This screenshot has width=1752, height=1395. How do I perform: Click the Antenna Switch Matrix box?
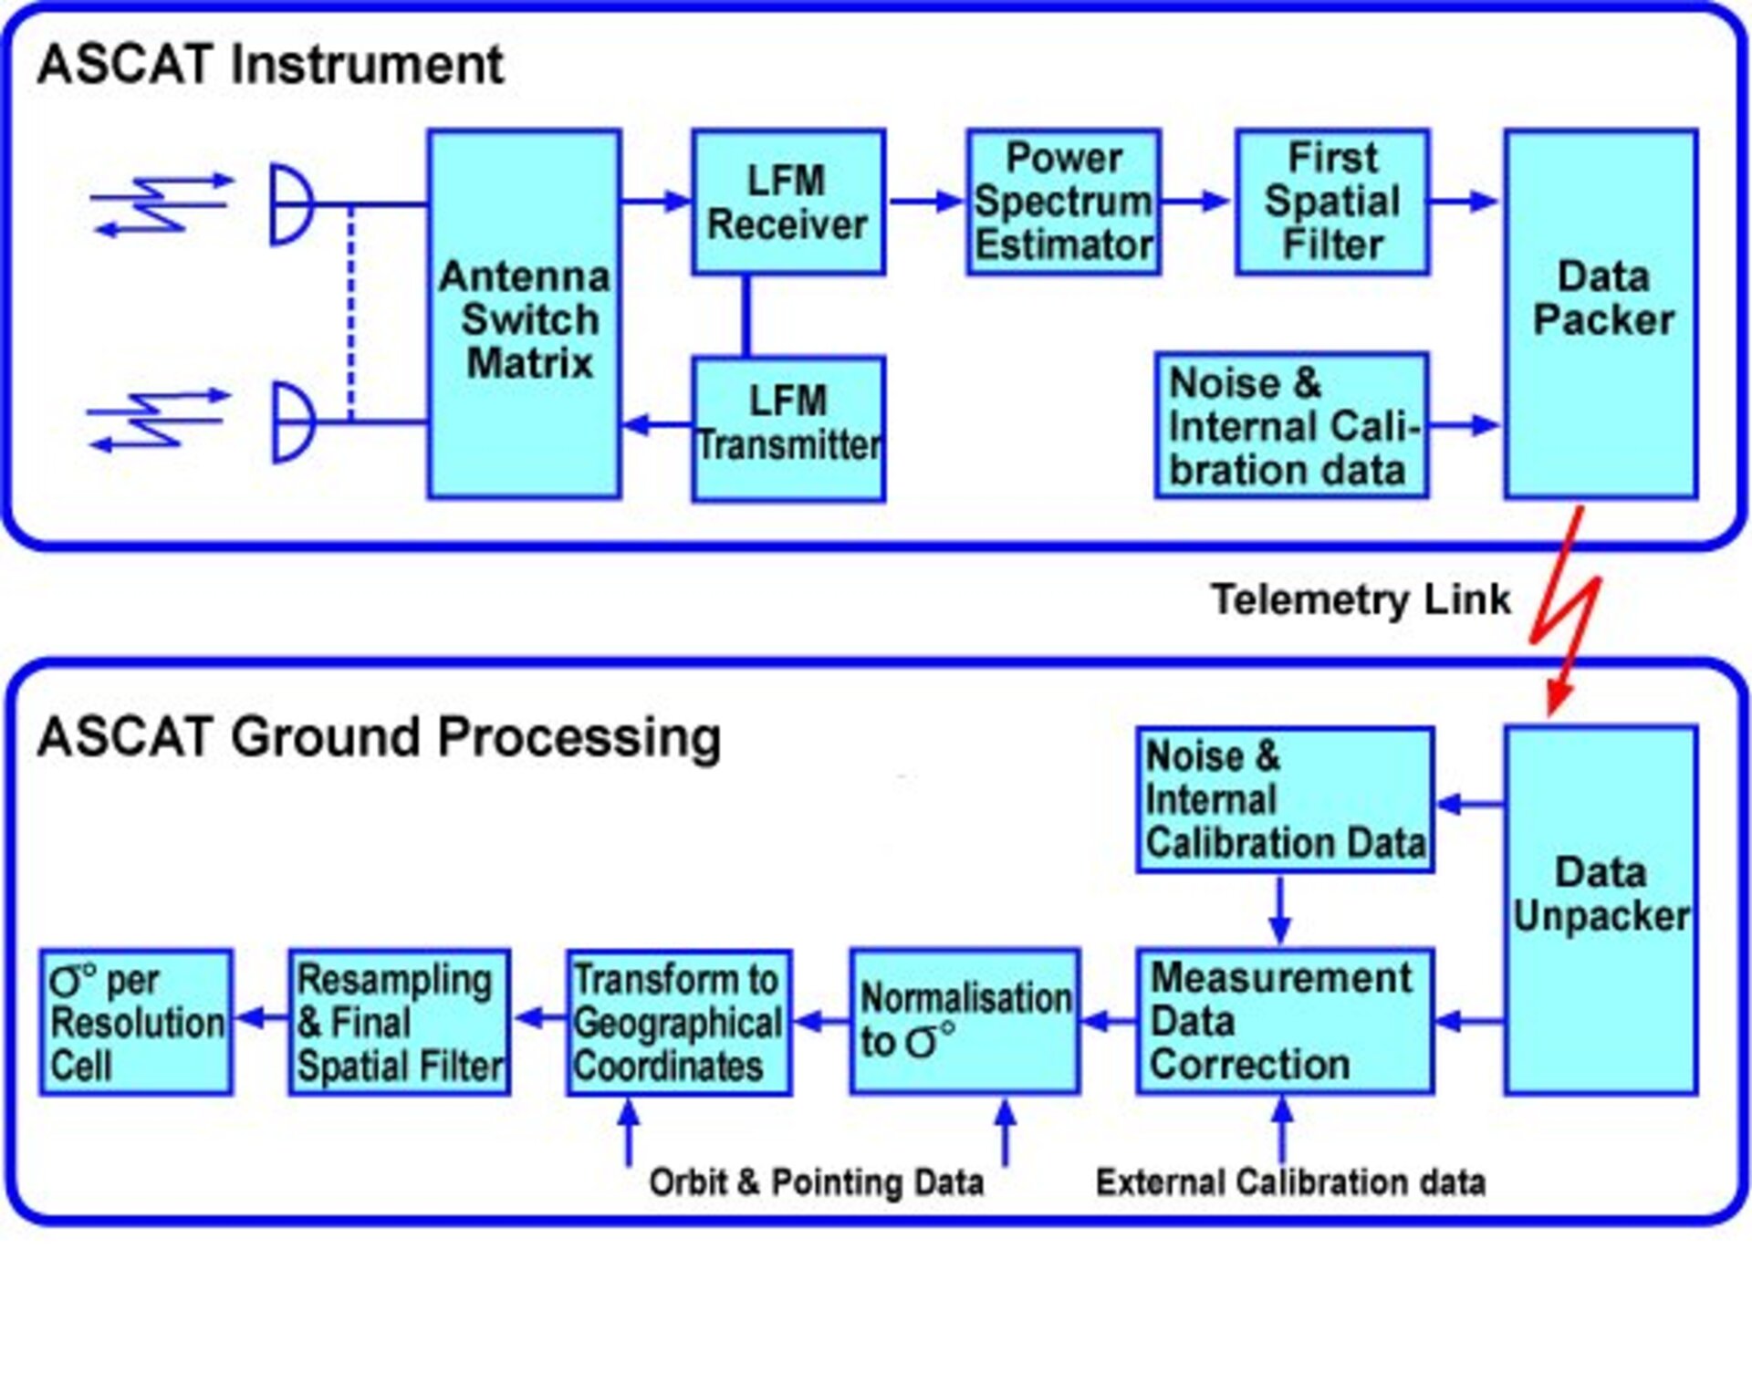pyautogui.click(x=524, y=315)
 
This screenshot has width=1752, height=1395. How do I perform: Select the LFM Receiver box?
pyautogui.click(x=787, y=202)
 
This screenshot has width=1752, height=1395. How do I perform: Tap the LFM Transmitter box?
pyautogui.click(x=787, y=428)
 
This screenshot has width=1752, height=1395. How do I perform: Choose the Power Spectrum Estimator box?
pyautogui.click(x=1063, y=202)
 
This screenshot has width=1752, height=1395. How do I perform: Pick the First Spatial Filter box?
pyautogui.click(x=1332, y=202)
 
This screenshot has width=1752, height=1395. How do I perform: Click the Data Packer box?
pyautogui.click(x=1601, y=315)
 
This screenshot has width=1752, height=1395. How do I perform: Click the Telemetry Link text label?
pyautogui.click(x=1360, y=600)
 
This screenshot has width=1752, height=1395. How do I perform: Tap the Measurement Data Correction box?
pyautogui.click(x=1284, y=1021)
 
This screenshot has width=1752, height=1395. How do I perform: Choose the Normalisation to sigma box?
pyautogui.click(x=965, y=1021)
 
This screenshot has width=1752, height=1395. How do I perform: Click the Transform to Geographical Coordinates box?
pyautogui.click(x=677, y=1022)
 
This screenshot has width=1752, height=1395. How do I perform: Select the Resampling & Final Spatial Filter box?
pyautogui.click(x=399, y=1022)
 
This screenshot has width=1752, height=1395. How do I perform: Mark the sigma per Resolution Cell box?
pyautogui.click(x=135, y=1022)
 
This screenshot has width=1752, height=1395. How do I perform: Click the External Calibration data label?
pyautogui.click(x=1290, y=1182)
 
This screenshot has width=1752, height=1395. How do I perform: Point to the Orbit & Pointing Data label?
pyautogui.click(x=816, y=1182)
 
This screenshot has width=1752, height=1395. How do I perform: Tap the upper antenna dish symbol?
pyautogui.click(x=291, y=204)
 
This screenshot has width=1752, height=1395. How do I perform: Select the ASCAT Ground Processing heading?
pyautogui.click(x=379, y=737)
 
